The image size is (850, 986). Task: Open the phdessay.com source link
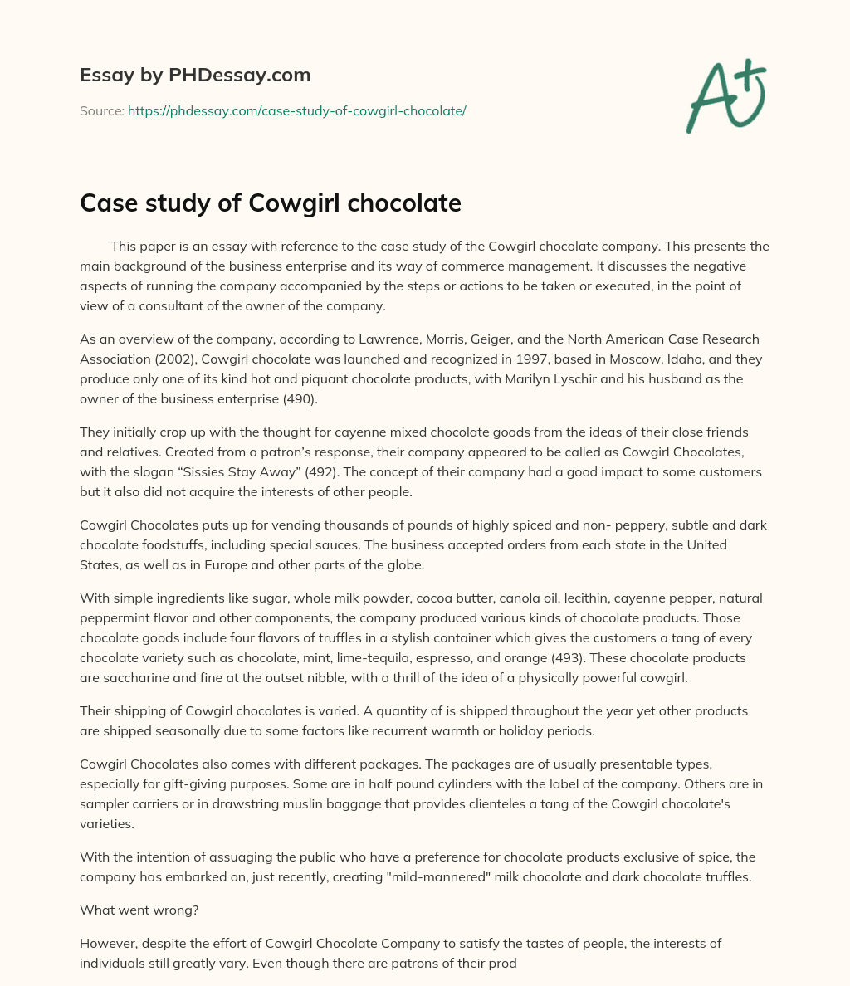click(296, 110)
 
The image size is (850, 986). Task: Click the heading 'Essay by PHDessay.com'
click(195, 75)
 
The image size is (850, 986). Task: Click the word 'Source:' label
click(101, 110)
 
